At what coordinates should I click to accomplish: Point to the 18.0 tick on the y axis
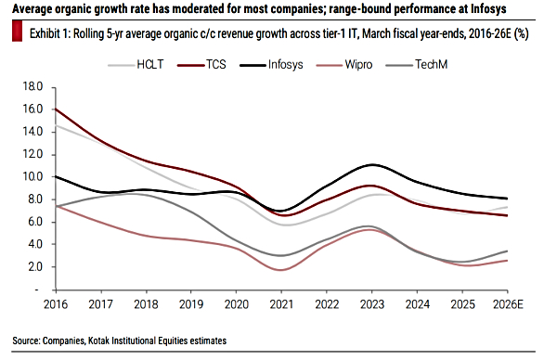pos(32,86)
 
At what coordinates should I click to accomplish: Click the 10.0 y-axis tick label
pos(32,176)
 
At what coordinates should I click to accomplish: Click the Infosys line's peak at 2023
pos(371,164)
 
